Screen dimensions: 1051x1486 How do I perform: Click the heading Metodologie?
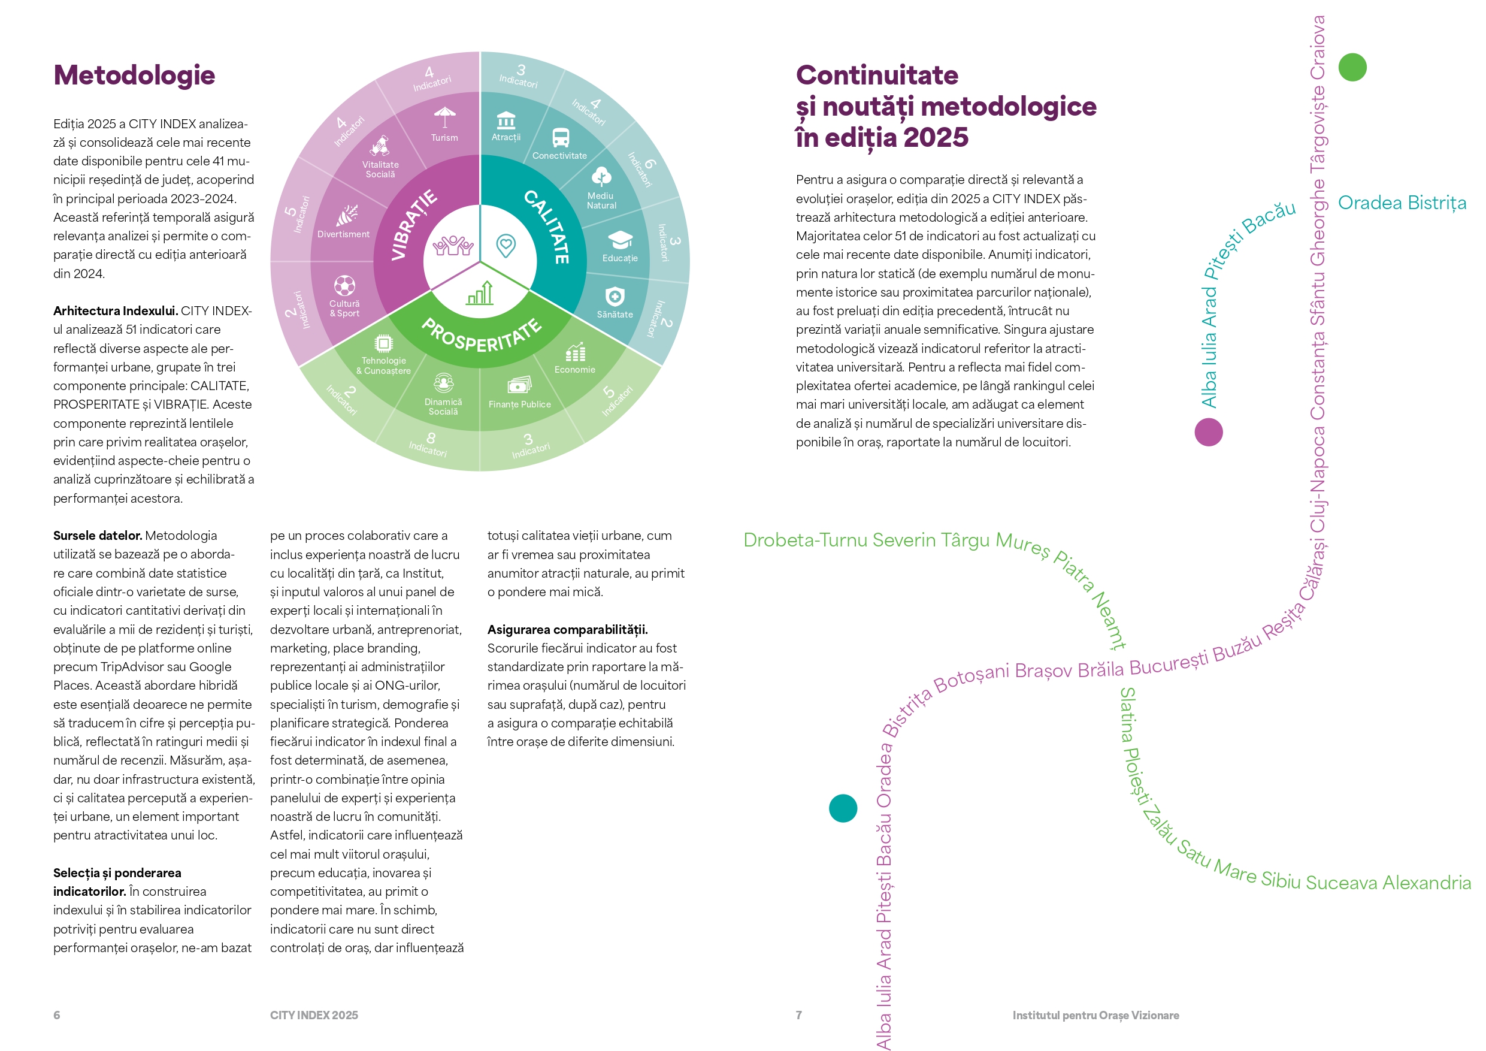[x=134, y=75]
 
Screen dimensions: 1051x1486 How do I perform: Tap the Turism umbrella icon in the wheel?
[x=444, y=117]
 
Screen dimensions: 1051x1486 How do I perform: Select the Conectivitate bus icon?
[x=561, y=137]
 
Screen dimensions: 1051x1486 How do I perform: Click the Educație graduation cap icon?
[x=620, y=240]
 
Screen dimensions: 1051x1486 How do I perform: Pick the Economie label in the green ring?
[x=575, y=370]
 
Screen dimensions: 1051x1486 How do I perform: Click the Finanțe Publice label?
[x=520, y=404]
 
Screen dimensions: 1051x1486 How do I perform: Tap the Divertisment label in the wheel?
[x=343, y=234]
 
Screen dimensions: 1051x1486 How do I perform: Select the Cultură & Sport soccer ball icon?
[x=344, y=286]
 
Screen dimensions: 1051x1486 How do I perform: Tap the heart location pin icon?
[x=506, y=246]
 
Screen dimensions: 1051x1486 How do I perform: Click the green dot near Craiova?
[x=1352, y=67]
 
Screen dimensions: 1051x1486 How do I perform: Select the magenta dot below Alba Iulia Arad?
[x=1208, y=432]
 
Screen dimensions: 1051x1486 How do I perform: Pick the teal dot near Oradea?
[x=843, y=808]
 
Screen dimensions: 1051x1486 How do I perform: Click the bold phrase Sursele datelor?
[x=98, y=536]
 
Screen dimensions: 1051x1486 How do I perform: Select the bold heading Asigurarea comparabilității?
[x=568, y=629]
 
